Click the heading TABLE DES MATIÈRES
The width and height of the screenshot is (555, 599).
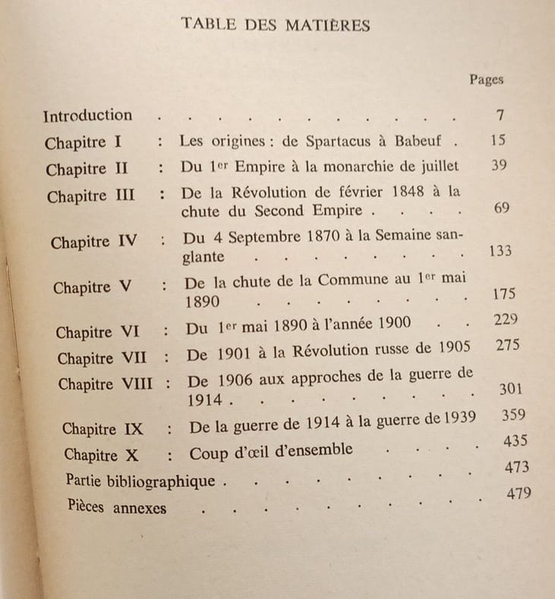pyautogui.click(x=276, y=25)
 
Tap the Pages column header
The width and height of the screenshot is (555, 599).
pyautogui.click(x=486, y=80)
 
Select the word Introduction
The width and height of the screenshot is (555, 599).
pyautogui.click(x=87, y=116)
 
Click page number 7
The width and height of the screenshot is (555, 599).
pyautogui.click(x=499, y=116)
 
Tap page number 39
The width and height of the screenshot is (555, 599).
pyautogui.click(x=499, y=165)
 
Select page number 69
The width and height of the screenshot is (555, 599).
pyautogui.click(x=501, y=209)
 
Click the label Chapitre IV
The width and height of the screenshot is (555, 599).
pyautogui.click(x=94, y=243)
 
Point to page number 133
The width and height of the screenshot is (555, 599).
pyautogui.click(x=500, y=251)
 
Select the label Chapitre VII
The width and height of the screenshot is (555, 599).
pyautogui.click(x=102, y=357)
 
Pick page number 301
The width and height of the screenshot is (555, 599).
pyautogui.click(x=509, y=389)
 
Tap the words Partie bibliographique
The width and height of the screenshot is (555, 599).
pyautogui.click(x=140, y=480)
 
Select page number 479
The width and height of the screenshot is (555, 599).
pyautogui.click(x=519, y=494)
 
